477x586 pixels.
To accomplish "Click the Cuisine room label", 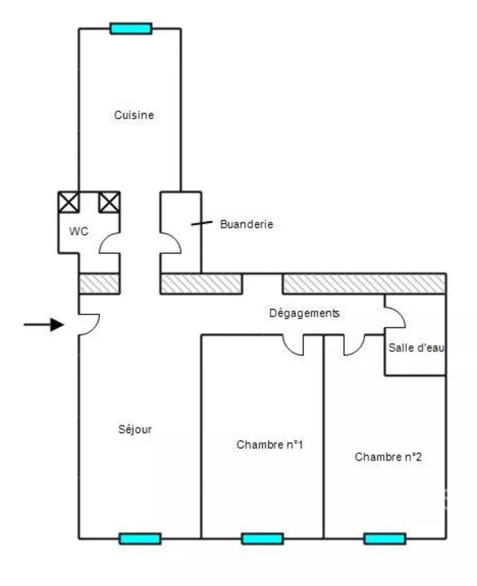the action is click(134, 114).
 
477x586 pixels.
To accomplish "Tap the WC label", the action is click(79, 231).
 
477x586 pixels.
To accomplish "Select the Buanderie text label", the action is click(247, 224).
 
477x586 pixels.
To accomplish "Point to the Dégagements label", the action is click(304, 313).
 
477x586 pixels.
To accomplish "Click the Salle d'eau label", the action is click(416, 348).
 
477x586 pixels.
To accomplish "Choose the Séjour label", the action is click(135, 429).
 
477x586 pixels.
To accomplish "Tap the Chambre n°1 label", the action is click(270, 445).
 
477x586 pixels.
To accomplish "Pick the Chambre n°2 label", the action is click(388, 457).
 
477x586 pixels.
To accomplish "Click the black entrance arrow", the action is click(43, 324).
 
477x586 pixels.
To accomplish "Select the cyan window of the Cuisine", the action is click(131, 29).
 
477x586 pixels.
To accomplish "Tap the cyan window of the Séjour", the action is click(140, 539).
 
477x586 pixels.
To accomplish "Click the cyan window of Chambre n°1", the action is click(263, 539).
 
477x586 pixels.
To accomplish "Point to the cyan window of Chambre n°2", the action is click(385, 539).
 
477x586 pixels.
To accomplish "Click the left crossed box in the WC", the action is click(69, 202).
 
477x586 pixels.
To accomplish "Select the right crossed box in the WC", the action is click(109, 202).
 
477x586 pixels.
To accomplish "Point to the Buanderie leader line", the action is click(202, 223).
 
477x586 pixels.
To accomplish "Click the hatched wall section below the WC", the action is click(100, 284).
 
